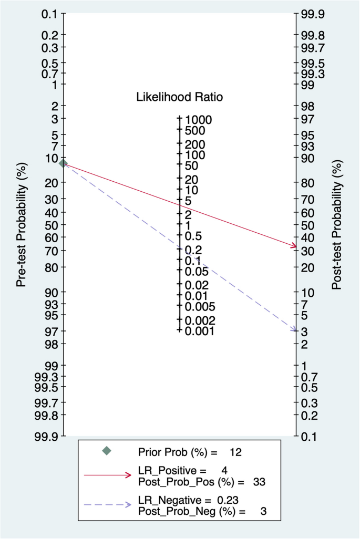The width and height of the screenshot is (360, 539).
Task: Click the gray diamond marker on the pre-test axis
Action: click(63, 163)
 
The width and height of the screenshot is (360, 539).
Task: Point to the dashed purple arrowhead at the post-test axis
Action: click(293, 330)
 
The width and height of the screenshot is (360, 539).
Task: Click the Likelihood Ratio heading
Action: click(179, 97)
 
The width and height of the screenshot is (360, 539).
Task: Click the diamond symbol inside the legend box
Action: click(107, 451)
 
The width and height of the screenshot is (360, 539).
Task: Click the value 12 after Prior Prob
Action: click(235, 451)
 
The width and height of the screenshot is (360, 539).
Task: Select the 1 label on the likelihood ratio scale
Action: click(188, 225)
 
